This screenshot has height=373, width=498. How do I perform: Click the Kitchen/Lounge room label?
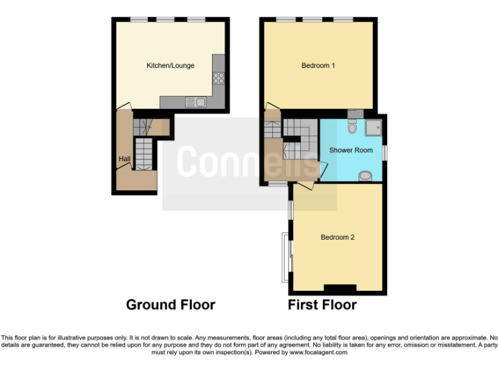[170, 65]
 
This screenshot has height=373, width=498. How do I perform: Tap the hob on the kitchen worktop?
[219, 78]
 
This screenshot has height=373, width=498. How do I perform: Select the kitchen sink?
[195, 102]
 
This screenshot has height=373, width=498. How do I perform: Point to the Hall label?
[124, 159]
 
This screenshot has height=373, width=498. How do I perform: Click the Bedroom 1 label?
[318, 65]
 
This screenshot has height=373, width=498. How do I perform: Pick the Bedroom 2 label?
[337, 237]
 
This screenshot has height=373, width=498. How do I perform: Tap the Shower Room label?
[351, 150]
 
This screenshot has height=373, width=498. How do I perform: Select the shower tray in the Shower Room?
[373, 128]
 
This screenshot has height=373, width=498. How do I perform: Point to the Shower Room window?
[385, 152]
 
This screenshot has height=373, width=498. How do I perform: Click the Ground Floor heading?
[170, 304]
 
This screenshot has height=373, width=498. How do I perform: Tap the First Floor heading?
[322, 304]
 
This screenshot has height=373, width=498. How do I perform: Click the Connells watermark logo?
[249, 162]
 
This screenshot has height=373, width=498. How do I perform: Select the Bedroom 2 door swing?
[307, 186]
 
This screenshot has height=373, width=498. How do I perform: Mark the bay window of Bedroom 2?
[285, 257]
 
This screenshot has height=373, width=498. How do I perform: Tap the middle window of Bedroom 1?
[313, 19]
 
